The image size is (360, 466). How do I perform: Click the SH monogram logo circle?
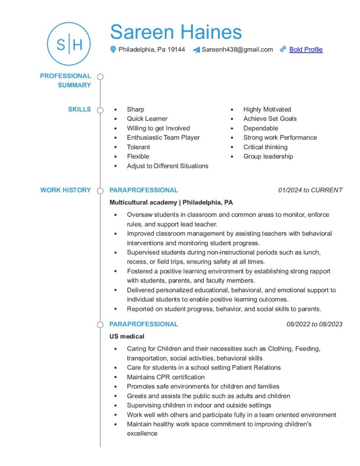coord(69,44)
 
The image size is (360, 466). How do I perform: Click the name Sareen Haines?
coord(176,32)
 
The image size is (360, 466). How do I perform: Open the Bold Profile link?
coord(306,50)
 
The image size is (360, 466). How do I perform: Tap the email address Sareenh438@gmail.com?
coord(237,50)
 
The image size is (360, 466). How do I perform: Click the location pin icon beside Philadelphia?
coord(113,50)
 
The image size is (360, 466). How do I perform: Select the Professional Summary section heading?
coord(66,81)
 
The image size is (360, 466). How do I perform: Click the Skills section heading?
coord(79,109)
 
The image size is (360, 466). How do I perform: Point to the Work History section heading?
coord(66,190)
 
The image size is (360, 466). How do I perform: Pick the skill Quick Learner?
coord(147,119)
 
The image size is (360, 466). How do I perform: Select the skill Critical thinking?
coord(265,147)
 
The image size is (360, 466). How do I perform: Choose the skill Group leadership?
coord(268,157)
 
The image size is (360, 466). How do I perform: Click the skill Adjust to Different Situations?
coord(167,166)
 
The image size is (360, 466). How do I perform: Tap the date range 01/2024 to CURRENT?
coord(310,190)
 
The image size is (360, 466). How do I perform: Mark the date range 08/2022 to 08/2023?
coord(314,324)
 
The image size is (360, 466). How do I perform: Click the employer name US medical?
coord(127,337)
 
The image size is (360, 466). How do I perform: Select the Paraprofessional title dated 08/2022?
coord(144,324)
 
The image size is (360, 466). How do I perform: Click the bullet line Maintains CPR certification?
coord(166,377)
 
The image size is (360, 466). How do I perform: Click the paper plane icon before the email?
coord(196,50)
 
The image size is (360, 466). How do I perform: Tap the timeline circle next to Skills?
coord(100,110)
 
